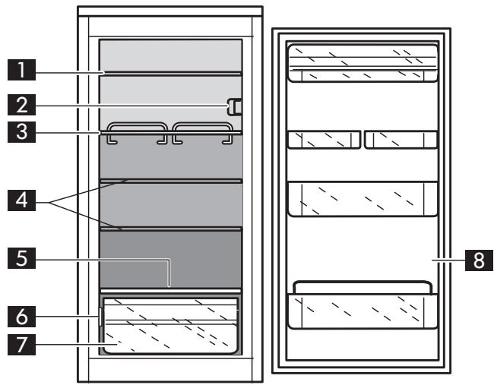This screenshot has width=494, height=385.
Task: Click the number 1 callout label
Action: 26,72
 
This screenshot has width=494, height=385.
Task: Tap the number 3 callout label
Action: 26,132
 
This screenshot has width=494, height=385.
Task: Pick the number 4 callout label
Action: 26,203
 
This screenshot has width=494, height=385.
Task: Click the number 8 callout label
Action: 478,259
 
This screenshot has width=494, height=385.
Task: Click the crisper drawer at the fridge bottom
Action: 171,327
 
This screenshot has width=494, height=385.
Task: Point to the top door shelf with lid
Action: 362,62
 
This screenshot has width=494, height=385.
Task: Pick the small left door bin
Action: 324,140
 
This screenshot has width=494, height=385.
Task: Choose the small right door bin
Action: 401,140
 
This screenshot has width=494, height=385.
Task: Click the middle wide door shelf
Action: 362,200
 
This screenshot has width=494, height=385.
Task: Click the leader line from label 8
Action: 448,259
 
